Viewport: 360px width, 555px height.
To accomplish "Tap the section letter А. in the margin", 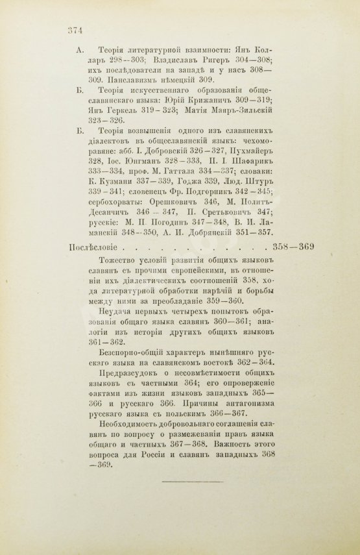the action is pyautogui.click(x=79, y=49).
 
